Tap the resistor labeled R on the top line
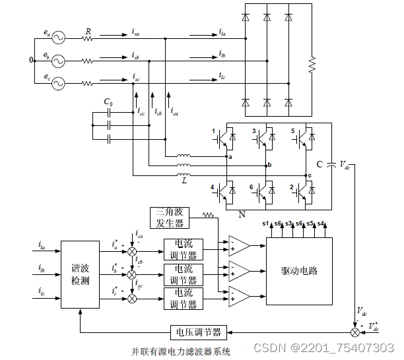pos(88,39)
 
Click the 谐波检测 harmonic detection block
pos(80,273)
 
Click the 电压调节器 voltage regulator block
pos(198,330)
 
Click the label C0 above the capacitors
pos(109,103)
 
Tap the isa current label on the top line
pos(136,31)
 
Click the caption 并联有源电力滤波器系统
pos(181,351)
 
